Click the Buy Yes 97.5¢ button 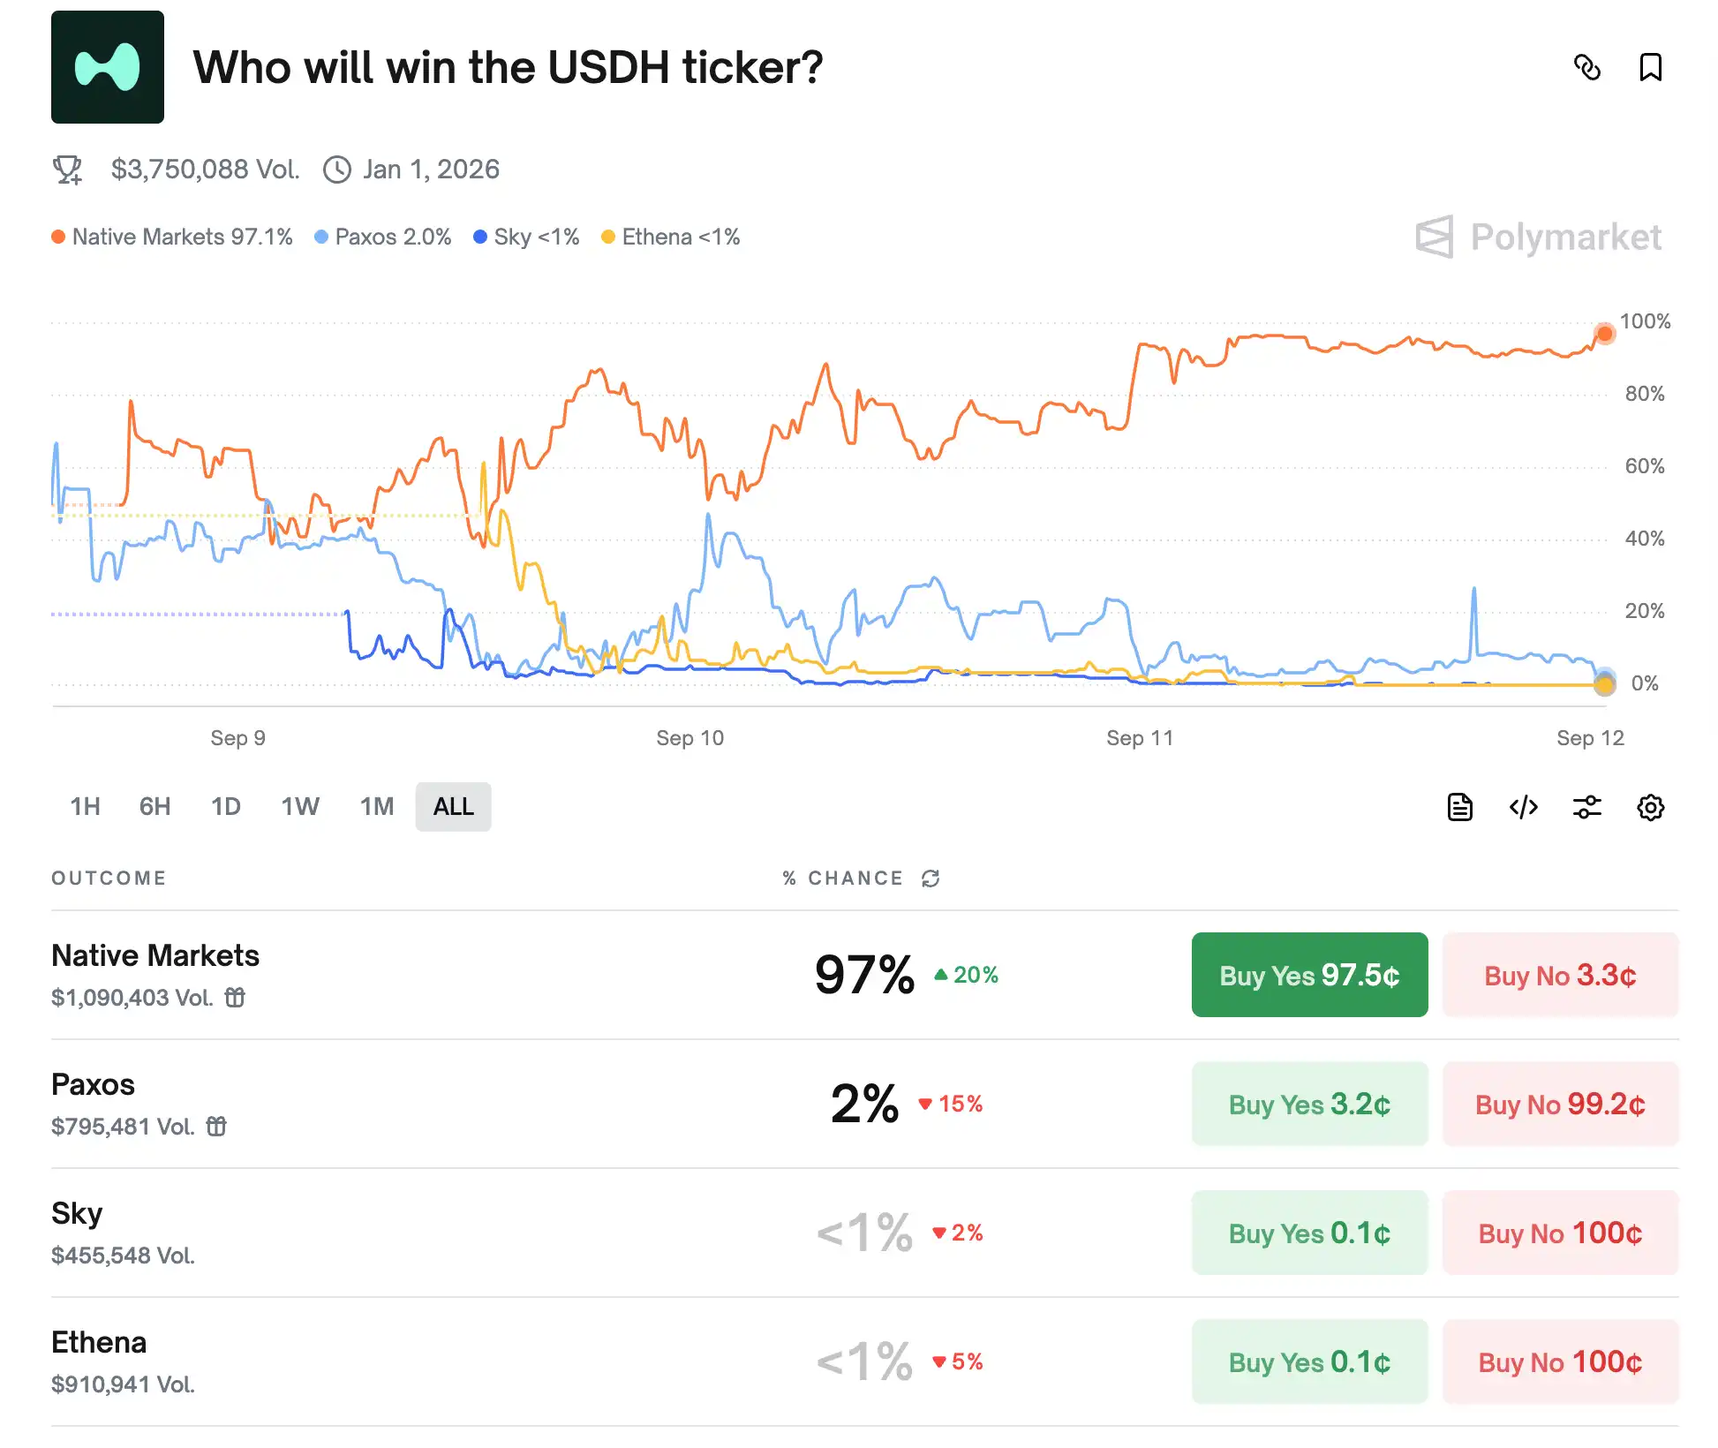click(x=1308, y=975)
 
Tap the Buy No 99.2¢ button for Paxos click(x=1559, y=1104)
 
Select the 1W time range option click(x=299, y=806)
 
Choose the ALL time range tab click(x=453, y=806)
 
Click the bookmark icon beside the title click(x=1649, y=67)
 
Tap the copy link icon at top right click(x=1586, y=67)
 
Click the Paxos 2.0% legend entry click(x=383, y=237)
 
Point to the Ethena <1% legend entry click(x=671, y=237)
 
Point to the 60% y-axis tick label click(x=1644, y=466)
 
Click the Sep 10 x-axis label click(x=689, y=738)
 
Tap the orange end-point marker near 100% click(x=1604, y=334)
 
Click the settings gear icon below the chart click(x=1649, y=807)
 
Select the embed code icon click(x=1523, y=807)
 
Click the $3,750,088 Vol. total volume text click(x=205, y=169)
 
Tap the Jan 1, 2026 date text click(x=430, y=169)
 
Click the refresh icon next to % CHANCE click(x=930, y=879)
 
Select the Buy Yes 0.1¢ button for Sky click(x=1308, y=1233)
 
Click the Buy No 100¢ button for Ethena click(x=1559, y=1361)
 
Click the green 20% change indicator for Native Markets click(x=967, y=975)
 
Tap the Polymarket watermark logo click(x=1539, y=237)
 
